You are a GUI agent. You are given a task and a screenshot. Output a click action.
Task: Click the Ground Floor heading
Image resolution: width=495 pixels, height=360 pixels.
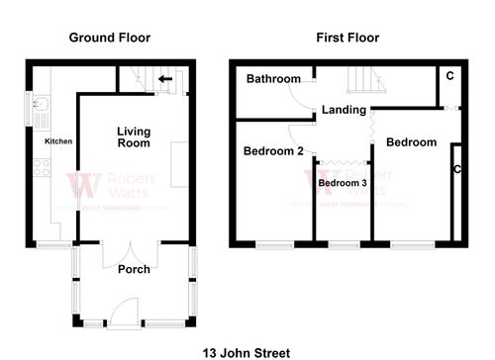[109, 38]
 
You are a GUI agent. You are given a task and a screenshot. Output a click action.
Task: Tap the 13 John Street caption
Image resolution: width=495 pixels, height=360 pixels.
[247, 351]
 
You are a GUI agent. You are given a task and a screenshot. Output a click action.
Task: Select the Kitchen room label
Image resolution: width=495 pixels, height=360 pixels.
[58, 141]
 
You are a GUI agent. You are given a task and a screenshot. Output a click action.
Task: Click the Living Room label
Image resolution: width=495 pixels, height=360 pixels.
[134, 137]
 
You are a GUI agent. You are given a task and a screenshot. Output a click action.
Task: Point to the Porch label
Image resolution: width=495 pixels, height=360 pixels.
[134, 269]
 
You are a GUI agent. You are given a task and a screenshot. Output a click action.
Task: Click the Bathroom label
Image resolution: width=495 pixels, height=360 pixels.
[273, 79]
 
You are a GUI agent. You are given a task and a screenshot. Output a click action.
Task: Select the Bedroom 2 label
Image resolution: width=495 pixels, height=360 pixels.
[273, 151]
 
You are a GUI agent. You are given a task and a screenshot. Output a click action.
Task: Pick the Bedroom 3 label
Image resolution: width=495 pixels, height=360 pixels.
[342, 183]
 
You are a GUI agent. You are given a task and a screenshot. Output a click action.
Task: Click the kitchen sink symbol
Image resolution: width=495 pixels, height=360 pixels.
[41, 109]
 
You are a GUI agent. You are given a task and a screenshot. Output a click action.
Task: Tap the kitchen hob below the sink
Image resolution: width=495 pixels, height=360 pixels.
[41, 165]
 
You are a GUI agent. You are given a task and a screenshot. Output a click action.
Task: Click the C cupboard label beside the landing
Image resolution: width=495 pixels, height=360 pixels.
[449, 76]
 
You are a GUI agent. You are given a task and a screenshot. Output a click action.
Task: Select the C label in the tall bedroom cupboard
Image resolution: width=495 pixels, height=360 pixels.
[456, 169]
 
